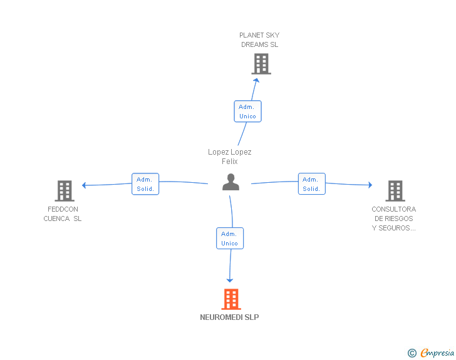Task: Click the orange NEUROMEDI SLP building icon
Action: pos(231,299)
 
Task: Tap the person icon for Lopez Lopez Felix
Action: pos(231,182)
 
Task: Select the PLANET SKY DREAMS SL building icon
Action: pos(261,64)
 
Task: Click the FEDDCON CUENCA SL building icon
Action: pos(65,191)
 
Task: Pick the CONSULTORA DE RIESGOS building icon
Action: pos(395,191)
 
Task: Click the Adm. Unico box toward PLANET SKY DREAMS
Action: pos(248,111)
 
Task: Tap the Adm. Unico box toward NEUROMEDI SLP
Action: pos(230,239)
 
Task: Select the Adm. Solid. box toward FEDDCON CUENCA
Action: pos(145,184)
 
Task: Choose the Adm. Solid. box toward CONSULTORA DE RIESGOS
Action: pos(312,184)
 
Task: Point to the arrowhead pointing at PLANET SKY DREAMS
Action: pos(256,80)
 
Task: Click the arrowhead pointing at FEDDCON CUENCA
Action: pos(84,185)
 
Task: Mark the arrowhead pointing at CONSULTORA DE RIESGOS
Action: pos(370,185)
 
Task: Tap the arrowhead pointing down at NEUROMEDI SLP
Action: pos(230,280)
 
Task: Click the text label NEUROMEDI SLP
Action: pos(229,317)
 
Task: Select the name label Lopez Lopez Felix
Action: pos(230,157)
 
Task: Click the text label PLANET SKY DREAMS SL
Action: pos(259,40)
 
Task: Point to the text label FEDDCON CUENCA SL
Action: pos(63,213)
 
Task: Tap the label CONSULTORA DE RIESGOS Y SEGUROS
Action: pos(394,219)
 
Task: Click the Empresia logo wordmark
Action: pos(437,352)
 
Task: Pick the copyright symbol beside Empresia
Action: pos(412,353)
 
